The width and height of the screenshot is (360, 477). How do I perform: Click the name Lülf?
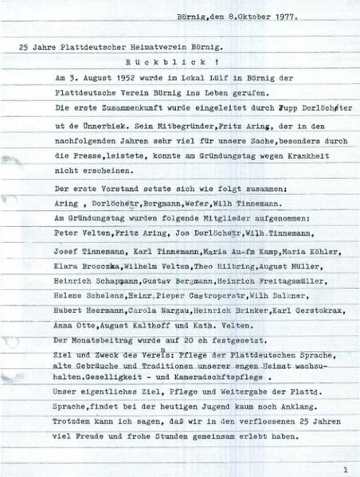[205, 80]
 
